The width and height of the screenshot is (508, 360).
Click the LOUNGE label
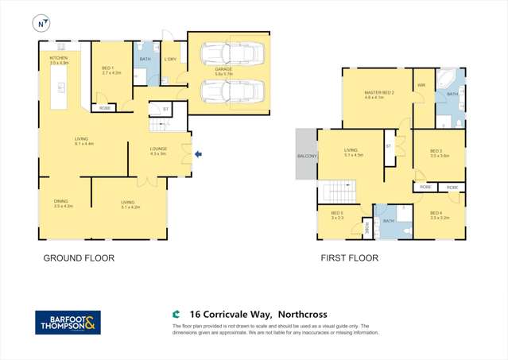[158, 149]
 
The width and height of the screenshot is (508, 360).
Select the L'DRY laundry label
[170, 60]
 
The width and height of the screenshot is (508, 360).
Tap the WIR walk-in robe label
[421, 84]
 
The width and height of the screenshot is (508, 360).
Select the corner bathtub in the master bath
[450, 82]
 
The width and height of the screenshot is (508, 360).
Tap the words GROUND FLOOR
[78, 258]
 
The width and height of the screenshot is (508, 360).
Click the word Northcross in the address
[298, 315]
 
